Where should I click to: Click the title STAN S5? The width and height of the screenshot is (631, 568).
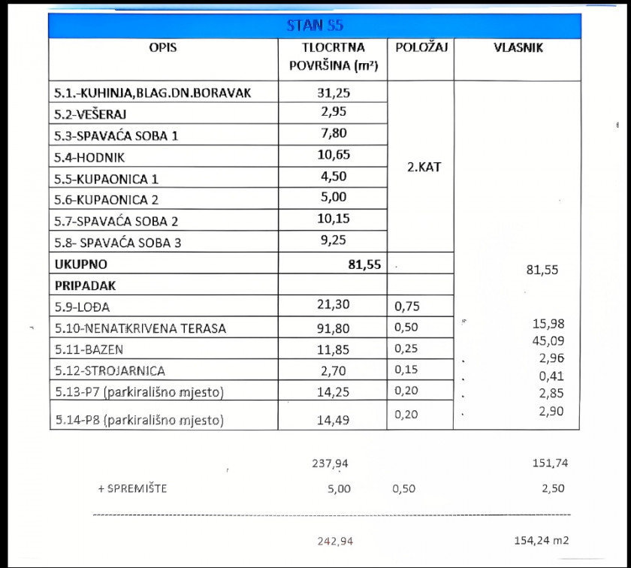315,26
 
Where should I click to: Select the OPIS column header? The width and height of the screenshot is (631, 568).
163,48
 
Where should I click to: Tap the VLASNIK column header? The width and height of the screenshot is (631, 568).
518,48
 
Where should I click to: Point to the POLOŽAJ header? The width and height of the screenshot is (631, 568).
421,48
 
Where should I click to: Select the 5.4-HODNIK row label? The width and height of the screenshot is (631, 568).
90,157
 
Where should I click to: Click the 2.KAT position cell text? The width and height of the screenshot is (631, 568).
424,168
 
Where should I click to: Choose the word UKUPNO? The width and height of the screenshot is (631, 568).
80,264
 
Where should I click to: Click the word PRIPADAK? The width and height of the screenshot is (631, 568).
85,286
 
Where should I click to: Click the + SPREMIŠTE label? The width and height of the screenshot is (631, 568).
132,489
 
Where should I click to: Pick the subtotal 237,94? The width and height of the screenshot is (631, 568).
331,464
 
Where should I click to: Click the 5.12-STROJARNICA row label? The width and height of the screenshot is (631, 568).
110,370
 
